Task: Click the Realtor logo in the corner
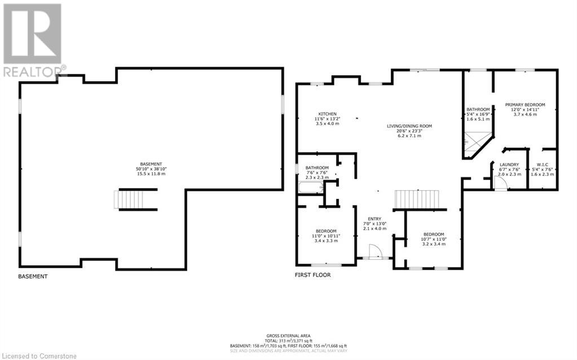tap(32, 39)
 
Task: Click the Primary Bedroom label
tap(525, 105)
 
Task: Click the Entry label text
tap(375, 219)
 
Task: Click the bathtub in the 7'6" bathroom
tap(311, 188)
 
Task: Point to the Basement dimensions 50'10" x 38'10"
tap(151, 169)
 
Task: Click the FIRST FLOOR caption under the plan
tap(312, 275)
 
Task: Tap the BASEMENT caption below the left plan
tap(33, 276)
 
